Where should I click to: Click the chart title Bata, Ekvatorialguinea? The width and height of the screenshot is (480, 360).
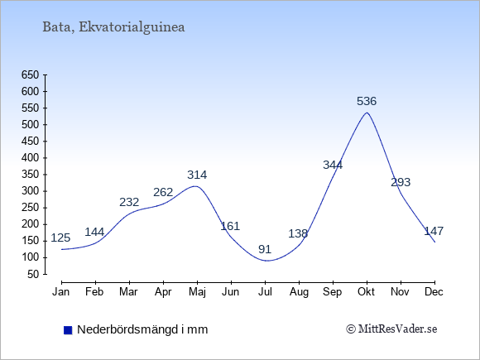pyautogui.click(x=113, y=27)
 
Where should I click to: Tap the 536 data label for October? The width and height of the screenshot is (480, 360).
pyautogui.click(x=367, y=101)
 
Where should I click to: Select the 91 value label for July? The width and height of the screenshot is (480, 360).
pyautogui.click(x=265, y=249)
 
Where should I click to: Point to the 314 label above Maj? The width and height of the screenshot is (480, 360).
pyautogui.click(x=197, y=175)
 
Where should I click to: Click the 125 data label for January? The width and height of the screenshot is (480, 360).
pyautogui.click(x=60, y=238)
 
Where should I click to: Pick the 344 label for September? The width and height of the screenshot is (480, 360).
pyautogui.click(x=333, y=165)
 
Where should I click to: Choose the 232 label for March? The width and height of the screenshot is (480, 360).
pyautogui.click(x=129, y=202)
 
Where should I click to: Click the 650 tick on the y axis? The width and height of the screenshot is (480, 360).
pyautogui.click(x=30, y=74)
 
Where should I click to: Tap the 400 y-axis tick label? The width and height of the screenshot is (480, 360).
pyautogui.click(x=30, y=157)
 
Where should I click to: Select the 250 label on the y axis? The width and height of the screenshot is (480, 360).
pyautogui.click(x=30, y=208)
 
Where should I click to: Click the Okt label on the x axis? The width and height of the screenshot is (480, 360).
pyautogui.click(x=366, y=292)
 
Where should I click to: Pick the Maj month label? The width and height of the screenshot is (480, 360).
pyautogui.click(x=197, y=292)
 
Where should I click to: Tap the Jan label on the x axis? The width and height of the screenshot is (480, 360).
pyautogui.click(x=61, y=292)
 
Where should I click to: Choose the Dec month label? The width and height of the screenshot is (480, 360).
pyautogui.click(x=434, y=292)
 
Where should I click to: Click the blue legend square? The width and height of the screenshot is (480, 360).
pyautogui.click(x=68, y=330)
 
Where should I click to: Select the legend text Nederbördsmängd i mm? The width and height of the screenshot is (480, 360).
pyautogui.click(x=142, y=329)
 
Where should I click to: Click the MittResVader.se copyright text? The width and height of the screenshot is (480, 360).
pyautogui.click(x=391, y=329)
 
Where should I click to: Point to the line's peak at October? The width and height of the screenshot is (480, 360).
pyautogui.click(x=367, y=113)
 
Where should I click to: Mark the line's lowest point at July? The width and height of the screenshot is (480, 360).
pyautogui.click(x=266, y=261)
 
